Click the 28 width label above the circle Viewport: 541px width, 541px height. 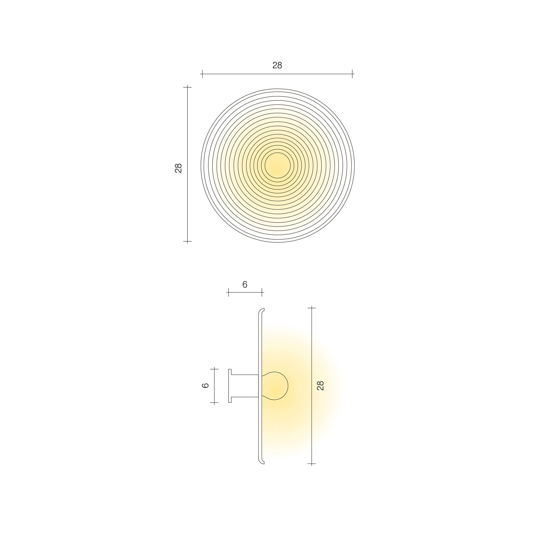[277, 65]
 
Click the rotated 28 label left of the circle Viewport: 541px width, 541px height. [178, 168]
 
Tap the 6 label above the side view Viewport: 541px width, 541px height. [245, 284]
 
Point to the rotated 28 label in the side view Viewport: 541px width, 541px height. [321, 385]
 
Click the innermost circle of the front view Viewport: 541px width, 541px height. [277, 166]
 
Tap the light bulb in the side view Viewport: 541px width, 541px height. [275, 386]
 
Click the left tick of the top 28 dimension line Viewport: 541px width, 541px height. [202, 74]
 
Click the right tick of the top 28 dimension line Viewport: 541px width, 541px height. [352, 74]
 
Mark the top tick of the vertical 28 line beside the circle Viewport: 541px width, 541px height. [187, 87]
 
